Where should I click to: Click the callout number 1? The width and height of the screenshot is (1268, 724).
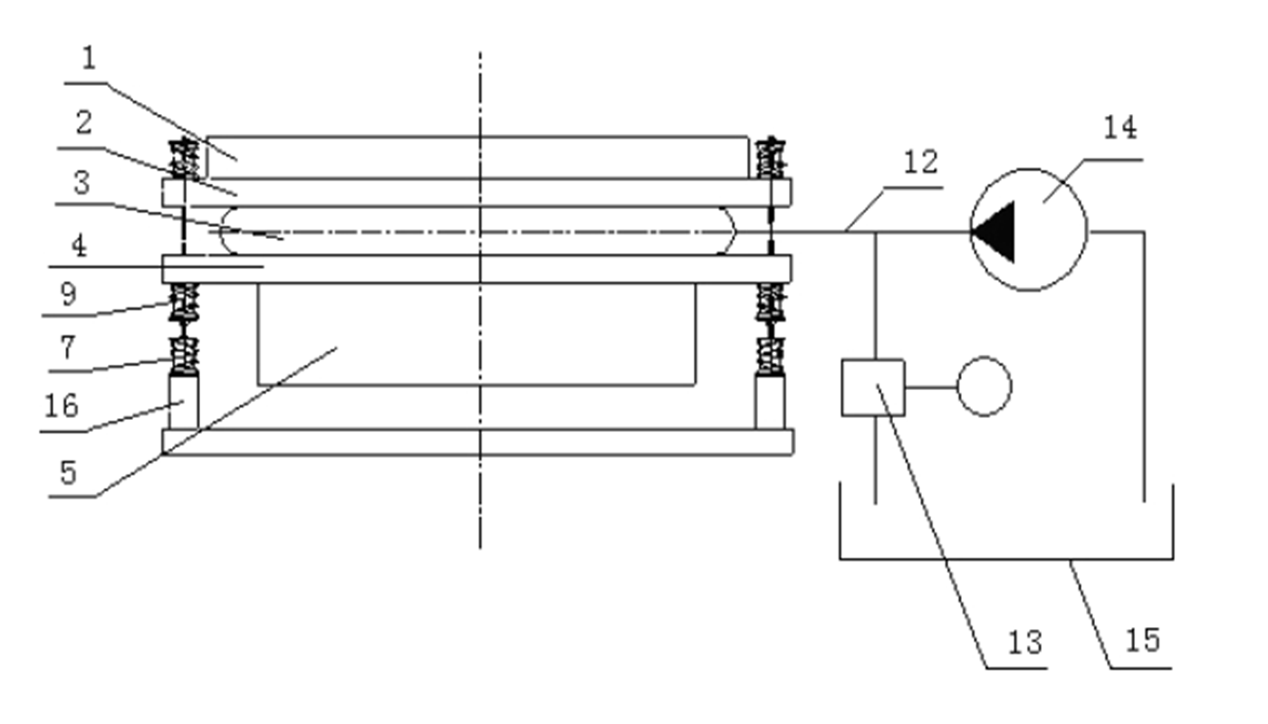coord(89,59)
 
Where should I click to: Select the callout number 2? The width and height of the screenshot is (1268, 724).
coord(83,123)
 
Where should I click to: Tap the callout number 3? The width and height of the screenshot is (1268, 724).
coord(82,183)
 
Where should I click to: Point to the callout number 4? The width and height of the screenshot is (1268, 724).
coord(79,246)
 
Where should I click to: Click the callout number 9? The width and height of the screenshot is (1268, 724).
coord(69,294)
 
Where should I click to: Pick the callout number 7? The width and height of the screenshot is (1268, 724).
coord(68,348)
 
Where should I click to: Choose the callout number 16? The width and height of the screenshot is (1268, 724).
coord(62,406)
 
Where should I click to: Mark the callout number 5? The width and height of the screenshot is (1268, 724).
coord(69,472)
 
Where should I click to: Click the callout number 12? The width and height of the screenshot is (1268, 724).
coord(921,162)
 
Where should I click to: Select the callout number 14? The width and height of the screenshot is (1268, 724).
coord(1120,128)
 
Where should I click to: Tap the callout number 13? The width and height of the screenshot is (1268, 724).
coord(1025,643)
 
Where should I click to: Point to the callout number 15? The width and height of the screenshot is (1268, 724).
coord(1143,641)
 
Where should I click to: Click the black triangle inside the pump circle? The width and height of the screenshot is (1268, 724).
coord(994,232)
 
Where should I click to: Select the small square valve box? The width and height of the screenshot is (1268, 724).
coord(873,387)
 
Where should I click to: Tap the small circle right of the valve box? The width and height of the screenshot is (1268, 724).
coord(985,386)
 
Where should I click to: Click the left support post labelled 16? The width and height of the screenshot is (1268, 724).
coord(184,401)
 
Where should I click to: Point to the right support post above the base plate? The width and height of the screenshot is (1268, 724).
coord(770,401)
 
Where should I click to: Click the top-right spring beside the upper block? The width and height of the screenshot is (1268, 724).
coord(771,157)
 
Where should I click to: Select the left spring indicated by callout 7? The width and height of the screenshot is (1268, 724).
coord(185,356)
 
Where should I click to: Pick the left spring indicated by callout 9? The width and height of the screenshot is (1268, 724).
coord(185,302)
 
